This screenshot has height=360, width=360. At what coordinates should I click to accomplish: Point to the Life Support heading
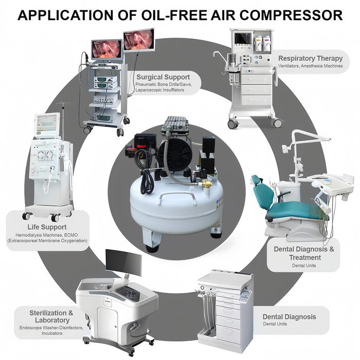[47, 226]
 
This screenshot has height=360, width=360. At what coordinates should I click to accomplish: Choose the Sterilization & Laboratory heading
[48, 316]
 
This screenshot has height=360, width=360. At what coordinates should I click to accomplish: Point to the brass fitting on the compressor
[206, 183]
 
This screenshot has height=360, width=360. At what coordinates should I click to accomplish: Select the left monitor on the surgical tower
[106, 49]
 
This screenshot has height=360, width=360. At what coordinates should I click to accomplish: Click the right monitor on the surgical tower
[138, 39]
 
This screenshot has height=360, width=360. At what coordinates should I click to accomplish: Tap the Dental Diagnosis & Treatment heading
[304, 253]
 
